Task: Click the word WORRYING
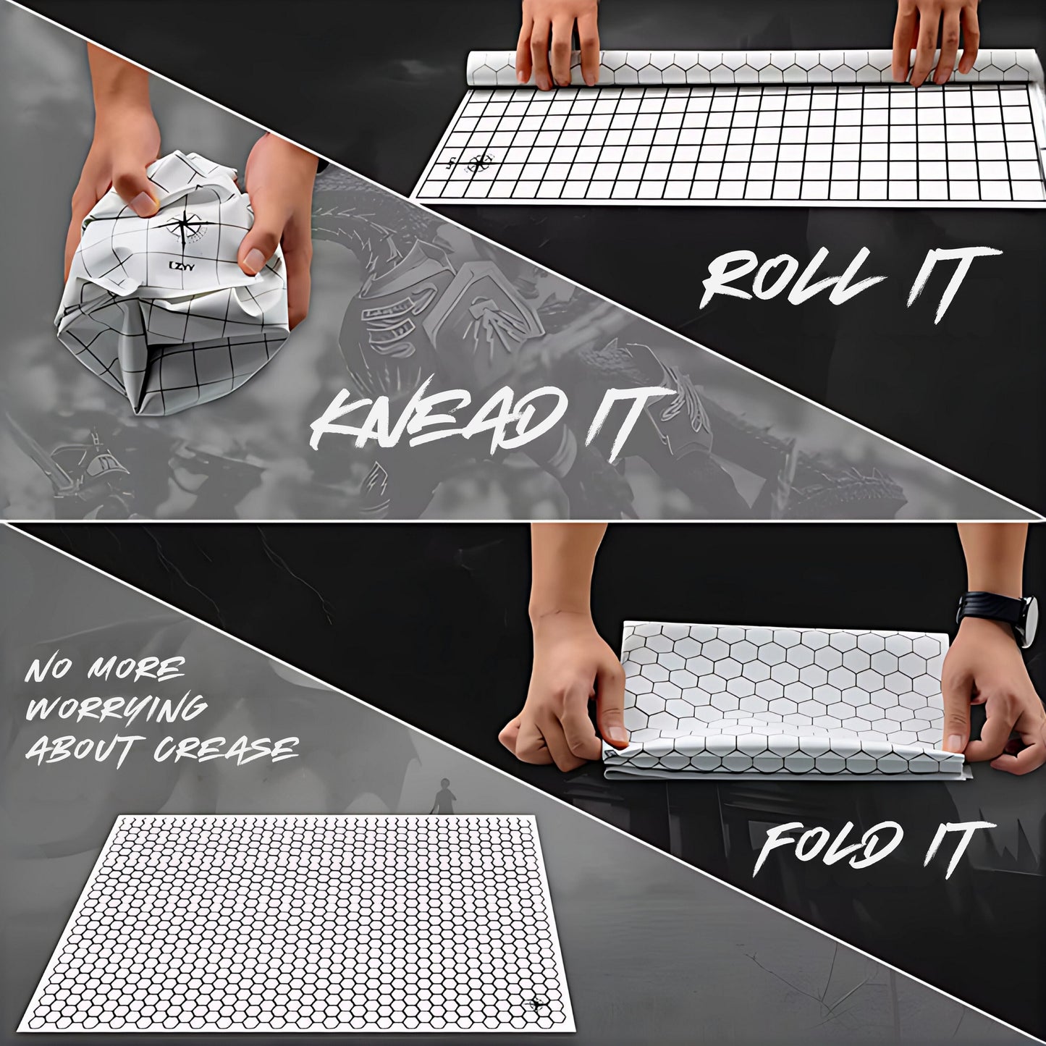point(117,709)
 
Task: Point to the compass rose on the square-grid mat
point(478,161)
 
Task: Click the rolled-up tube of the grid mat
point(754,68)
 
